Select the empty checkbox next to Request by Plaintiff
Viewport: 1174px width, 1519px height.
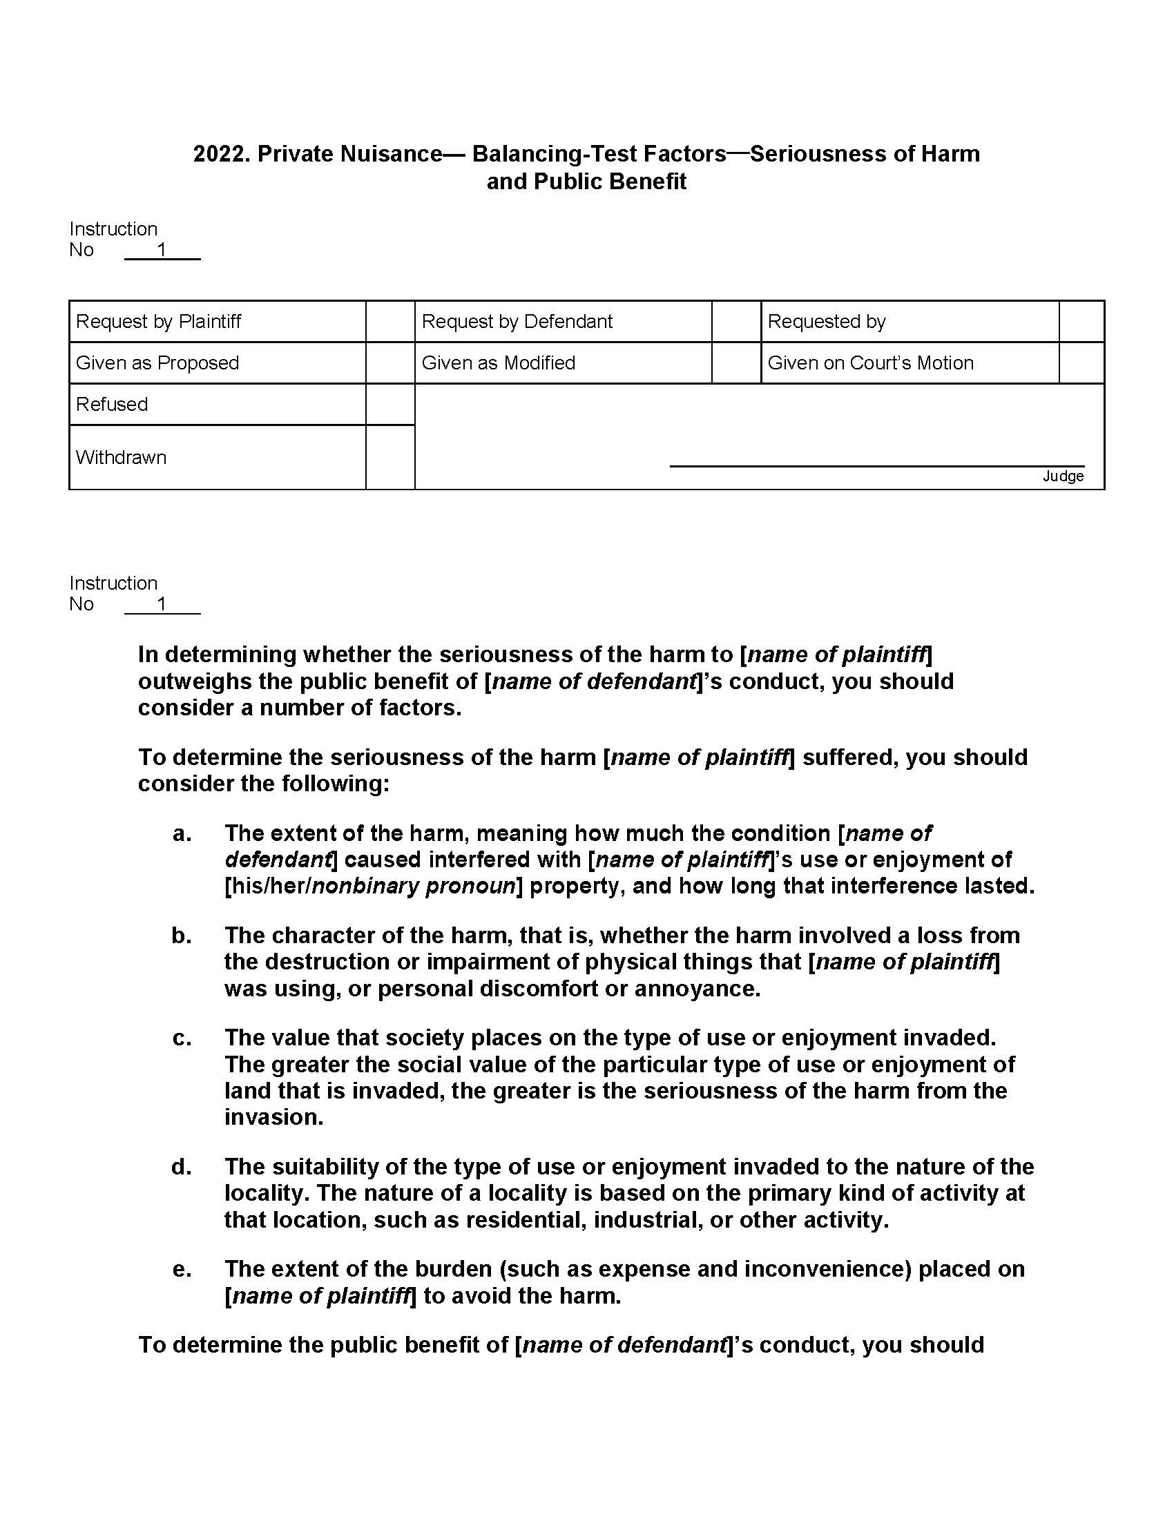click(390, 321)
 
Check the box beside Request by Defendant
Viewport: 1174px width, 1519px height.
click(736, 321)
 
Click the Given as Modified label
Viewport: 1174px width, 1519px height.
click(498, 363)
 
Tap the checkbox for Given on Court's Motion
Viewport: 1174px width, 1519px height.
click(1081, 363)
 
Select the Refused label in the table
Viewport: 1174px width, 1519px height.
click(112, 404)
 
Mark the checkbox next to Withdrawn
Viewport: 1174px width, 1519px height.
click(390, 458)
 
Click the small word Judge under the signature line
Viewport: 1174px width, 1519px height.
click(1063, 476)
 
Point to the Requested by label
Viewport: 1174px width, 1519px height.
click(826, 321)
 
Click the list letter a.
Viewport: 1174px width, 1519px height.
click(182, 833)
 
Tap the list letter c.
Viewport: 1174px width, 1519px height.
click(182, 1038)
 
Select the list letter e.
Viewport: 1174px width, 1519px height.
click(182, 1269)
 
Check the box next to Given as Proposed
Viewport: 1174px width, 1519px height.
click(390, 363)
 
